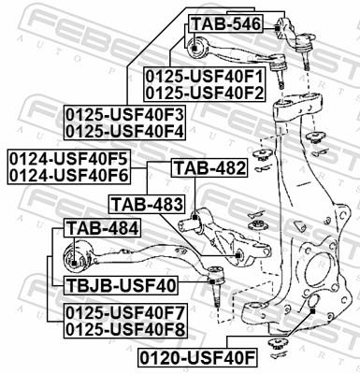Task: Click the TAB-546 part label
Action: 224,23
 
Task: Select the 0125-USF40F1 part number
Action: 204,76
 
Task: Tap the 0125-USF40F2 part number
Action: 204,92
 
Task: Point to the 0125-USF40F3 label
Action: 124,115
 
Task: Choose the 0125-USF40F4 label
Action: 124,131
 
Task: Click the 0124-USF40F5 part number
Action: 67,157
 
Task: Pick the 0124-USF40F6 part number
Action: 67,173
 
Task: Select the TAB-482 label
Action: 209,169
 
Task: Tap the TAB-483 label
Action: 149,203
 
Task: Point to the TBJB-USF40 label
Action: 121,285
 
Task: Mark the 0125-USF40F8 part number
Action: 124,328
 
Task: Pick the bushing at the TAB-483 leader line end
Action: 239,254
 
